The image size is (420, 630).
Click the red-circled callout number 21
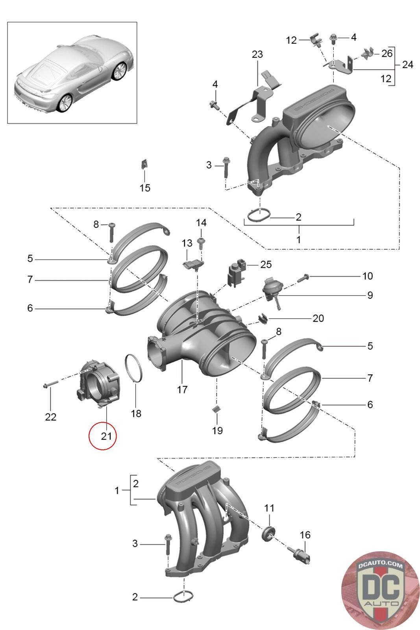pyautogui.click(x=106, y=436)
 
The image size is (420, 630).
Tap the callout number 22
pyautogui.click(x=51, y=417)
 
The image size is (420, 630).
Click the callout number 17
pyautogui.click(x=182, y=389)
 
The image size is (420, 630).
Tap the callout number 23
pyautogui.click(x=257, y=54)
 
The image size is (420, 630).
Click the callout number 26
pyautogui.click(x=387, y=53)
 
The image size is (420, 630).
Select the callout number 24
pyautogui.click(x=407, y=64)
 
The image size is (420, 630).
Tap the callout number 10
pyautogui.click(x=367, y=276)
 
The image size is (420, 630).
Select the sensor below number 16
pyautogui.click(x=301, y=556)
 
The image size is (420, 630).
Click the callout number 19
pyautogui.click(x=217, y=430)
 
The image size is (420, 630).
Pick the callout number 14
pyautogui.click(x=201, y=223)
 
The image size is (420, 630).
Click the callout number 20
pyautogui.click(x=318, y=318)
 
